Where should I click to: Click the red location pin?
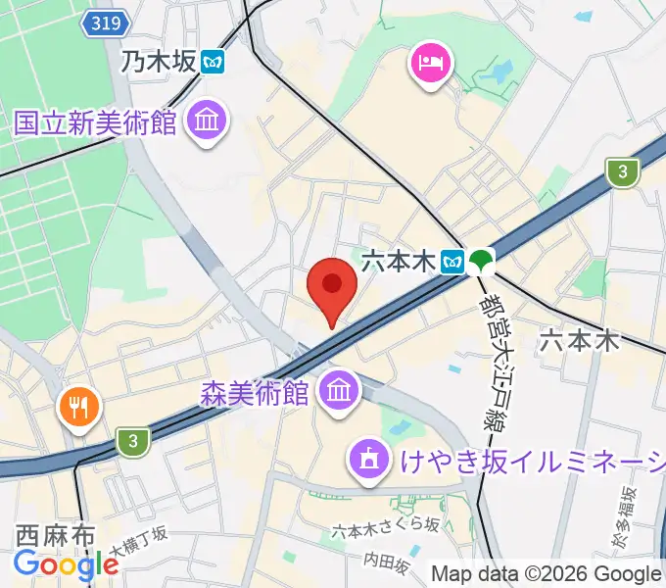click(x=331, y=287)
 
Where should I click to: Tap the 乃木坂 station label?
click(x=159, y=64)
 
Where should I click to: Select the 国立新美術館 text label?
click(x=95, y=123)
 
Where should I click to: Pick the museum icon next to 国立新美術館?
click(x=207, y=122)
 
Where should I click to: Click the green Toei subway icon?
click(x=481, y=261)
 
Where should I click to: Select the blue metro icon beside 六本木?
click(x=452, y=261)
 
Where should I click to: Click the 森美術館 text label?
click(x=255, y=394)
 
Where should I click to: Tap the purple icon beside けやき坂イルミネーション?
click(x=369, y=457)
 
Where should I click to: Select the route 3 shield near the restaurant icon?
click(x=132, y=442)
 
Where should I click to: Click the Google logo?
click(x=66, y=564)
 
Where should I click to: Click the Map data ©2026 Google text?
click(x=547, y=574)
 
